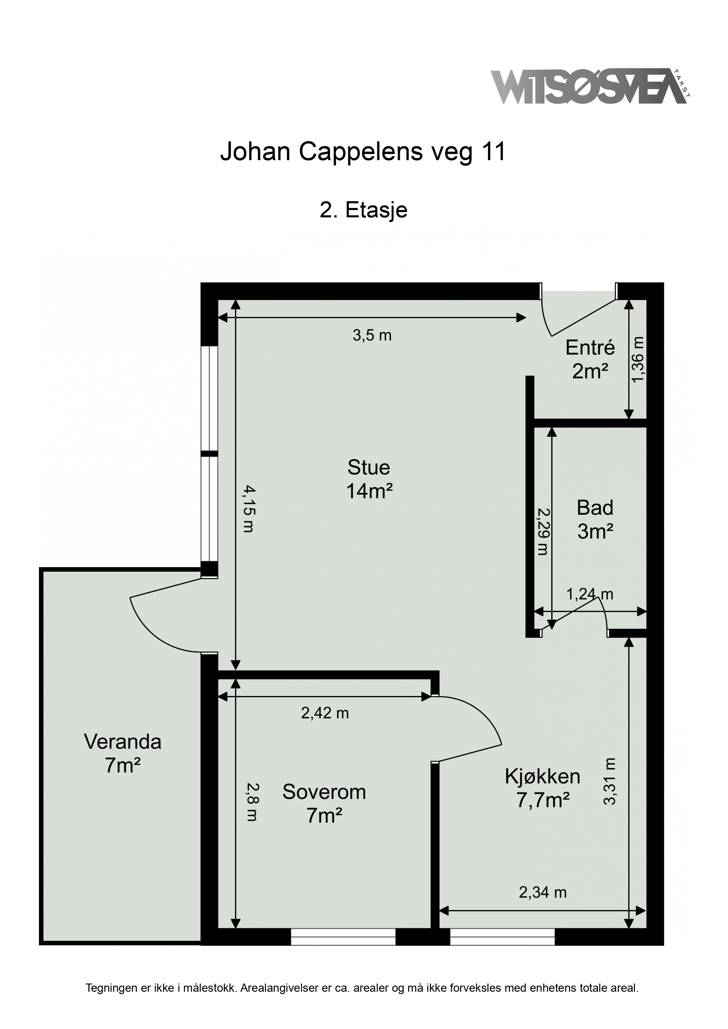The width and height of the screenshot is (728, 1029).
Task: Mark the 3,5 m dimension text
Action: (372, 335)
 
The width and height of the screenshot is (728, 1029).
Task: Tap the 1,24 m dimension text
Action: (589, 594)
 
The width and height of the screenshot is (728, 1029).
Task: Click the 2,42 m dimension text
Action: (325, 713)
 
